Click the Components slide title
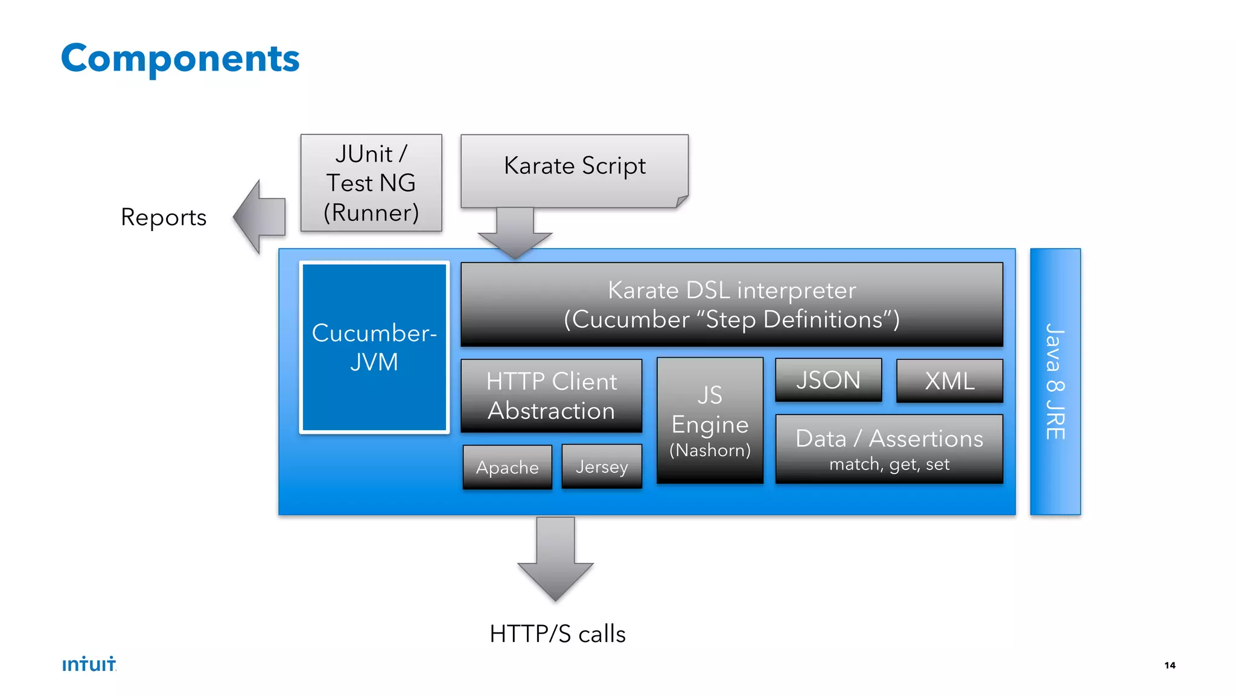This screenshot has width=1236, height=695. (x=180, y=59)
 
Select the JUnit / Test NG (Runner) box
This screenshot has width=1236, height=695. (x=371, y=183)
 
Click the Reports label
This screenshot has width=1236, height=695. (x=164, y=217)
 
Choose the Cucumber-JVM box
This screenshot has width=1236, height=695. (x=374, y=347)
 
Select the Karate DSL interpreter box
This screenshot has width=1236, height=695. (x=731, y=304)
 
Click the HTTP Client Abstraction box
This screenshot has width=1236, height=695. (x=551, y=396)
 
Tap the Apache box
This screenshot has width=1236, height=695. (x=507, y=467)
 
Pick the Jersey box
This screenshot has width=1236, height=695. (x=602, y=466)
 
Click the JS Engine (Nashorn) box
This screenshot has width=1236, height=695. (x=710, y=420)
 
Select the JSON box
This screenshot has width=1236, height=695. (x=828, y=380)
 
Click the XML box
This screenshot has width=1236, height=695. (x=949, y=381)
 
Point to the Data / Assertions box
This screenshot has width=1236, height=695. (x=889, y=448)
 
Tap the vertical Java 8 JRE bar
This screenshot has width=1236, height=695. (x=1055, y=381)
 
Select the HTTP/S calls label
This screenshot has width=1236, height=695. (x=558, y=634)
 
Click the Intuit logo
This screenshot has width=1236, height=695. (x=89, y=664)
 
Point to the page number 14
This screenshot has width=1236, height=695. (x=1170, y=665)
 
